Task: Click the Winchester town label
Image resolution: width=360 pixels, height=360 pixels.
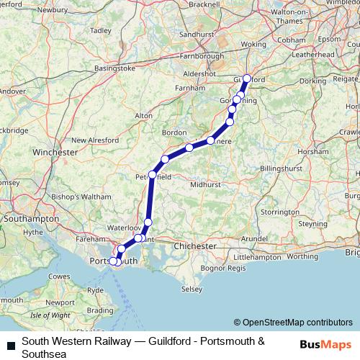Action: [x=55, y=153]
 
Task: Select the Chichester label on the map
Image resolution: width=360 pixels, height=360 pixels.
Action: [x=195, y=246]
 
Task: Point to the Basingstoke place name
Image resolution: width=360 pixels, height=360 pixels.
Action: [x=114, y=69]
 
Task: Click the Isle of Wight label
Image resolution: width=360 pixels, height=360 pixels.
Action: [x=50, y=315]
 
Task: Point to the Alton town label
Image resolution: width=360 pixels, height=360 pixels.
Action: [x=144, y=115]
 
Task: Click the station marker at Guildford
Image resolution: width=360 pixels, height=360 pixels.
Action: [x=246, y=79]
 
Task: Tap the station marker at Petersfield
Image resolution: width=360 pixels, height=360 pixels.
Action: [x=152, y=175]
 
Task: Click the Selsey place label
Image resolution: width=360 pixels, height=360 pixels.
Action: [x=191, y=289]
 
